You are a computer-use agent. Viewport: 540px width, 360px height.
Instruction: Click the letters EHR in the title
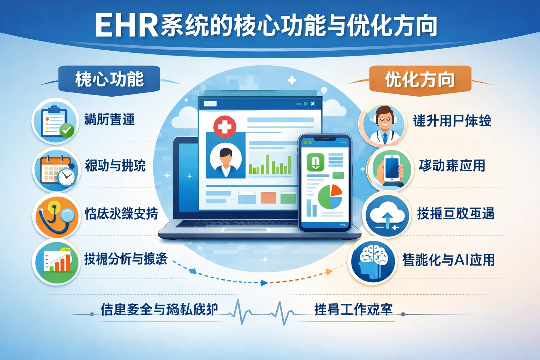coord(127,25)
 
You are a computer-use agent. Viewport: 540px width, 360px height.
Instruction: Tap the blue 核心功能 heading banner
coord(109,79)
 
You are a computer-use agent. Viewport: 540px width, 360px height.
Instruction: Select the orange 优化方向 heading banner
coord(420,79)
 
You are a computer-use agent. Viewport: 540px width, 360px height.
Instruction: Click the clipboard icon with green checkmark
coord(55,121)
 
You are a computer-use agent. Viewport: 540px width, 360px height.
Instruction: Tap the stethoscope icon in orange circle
coord(56,215)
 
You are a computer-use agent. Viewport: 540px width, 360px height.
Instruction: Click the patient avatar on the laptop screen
coord(225,160)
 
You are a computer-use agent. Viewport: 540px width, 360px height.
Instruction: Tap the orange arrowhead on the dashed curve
coord(328,271)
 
